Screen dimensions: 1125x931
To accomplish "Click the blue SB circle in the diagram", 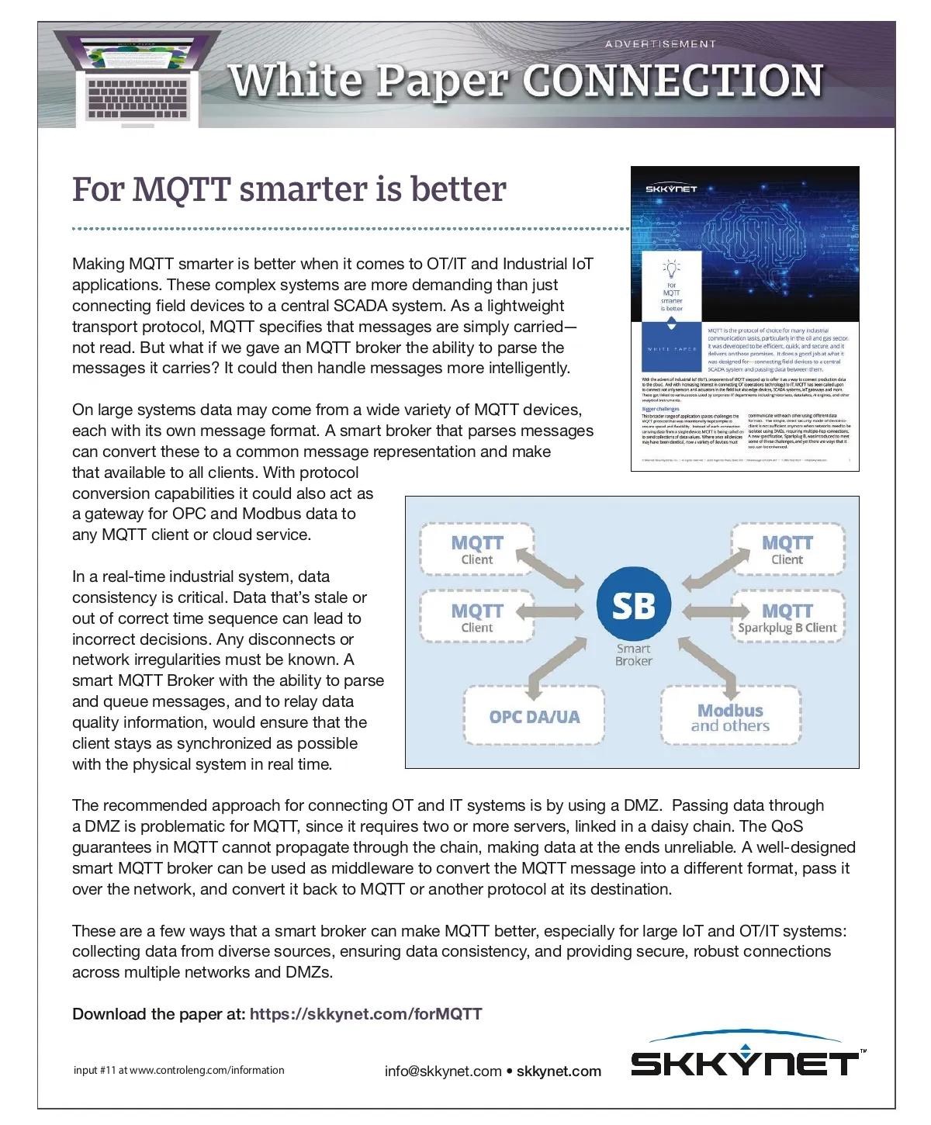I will (633, 605).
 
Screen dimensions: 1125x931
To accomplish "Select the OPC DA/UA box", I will (534, 716).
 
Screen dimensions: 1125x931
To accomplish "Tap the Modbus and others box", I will (730, 717).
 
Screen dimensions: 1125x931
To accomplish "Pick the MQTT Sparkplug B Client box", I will (787, 618).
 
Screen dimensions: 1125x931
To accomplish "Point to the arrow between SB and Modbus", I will (708, 665).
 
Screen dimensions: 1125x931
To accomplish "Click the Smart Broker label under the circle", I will (633, 655).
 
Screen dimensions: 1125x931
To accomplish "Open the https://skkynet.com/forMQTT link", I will (365, 1014).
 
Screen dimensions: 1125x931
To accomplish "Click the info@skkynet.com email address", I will (442, 1071).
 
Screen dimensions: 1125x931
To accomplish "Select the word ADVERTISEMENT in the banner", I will (660, 44).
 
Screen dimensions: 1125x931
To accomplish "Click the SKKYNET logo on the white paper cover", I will (671, 189).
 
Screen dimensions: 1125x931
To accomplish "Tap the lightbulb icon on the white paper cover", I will (671, 269).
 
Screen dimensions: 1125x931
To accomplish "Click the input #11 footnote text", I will (178, 1070).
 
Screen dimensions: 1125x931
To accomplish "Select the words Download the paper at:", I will (158, 1014).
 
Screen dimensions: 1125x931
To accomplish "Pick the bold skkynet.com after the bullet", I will (559, 1071).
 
